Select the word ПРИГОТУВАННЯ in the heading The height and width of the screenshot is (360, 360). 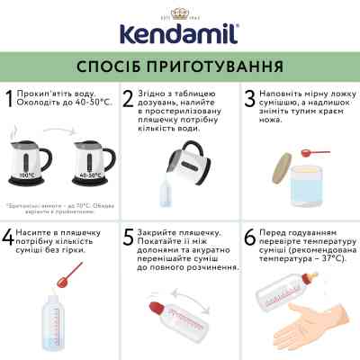click(x=215, y=67)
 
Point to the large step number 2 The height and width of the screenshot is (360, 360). click(x=130, y=100)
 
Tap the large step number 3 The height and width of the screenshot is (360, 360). click(x=249, y=100)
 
